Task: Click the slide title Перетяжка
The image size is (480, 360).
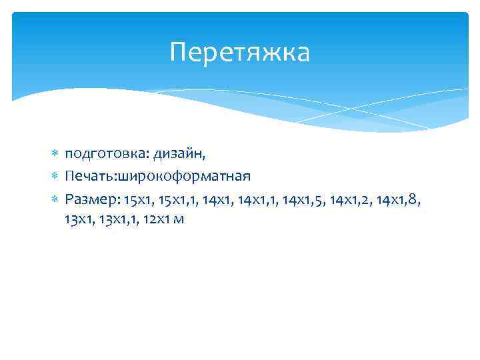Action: (x=240, y=53)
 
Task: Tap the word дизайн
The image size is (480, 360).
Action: (x=180, y=155)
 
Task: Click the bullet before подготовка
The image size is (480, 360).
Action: (x=55, y=155)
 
